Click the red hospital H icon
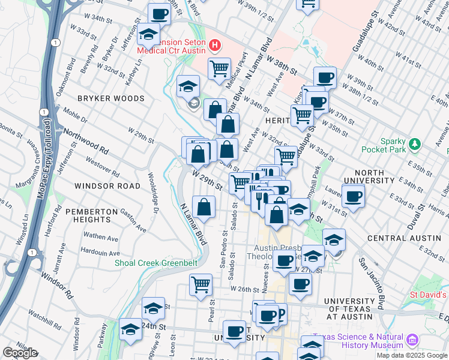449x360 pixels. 214,44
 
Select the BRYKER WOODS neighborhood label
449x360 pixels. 110,98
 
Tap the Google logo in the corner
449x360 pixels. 20,353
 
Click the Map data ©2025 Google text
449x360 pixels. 412,355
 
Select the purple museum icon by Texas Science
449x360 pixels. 412,341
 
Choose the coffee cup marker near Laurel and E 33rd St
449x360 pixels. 354,196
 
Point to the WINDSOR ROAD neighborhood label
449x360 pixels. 107,186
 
